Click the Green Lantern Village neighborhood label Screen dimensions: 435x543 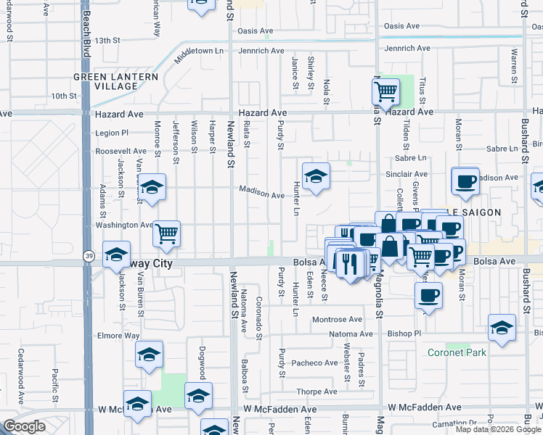click(x=106, y=81)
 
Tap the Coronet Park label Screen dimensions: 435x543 click(x=457, y=352)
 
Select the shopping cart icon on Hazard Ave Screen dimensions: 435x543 click(x=386, y=91)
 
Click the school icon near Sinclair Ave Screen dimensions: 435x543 click(x=316, y=176)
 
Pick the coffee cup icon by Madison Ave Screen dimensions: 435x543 click(x=465, y=181)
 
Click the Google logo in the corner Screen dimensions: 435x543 click(x=24, y=426)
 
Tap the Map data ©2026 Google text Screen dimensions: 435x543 click(x=497, y=429)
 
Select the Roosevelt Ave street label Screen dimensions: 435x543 click(x=121, y=152)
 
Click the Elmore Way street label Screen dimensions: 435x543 click(x=118, y=336)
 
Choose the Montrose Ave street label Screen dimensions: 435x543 click(x=337, y=319)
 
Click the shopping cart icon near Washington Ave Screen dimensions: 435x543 click(x=166, y=233)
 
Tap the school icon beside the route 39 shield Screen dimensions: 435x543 click(x=116, y=254)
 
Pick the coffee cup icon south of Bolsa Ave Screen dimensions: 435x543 click(x=428, y=295)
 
